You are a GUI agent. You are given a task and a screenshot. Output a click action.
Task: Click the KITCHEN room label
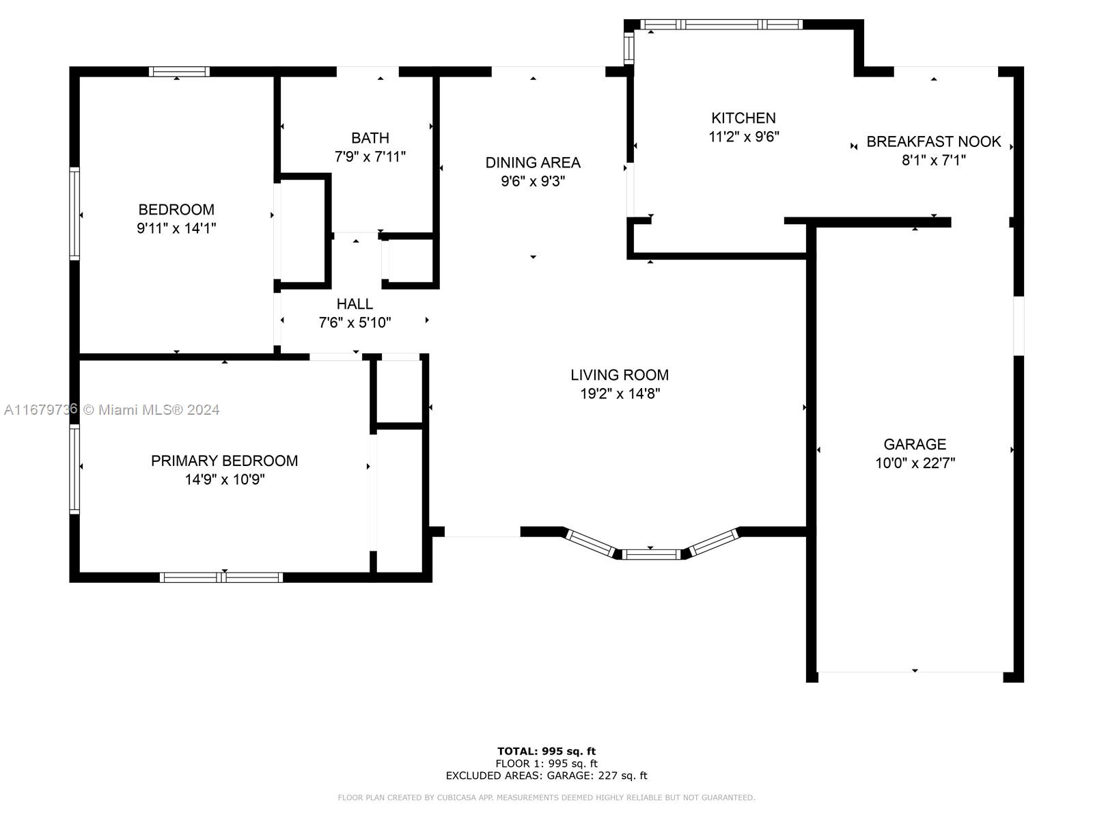(x=743, y=118)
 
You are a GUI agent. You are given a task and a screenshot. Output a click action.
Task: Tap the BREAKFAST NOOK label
(x=933, y=142)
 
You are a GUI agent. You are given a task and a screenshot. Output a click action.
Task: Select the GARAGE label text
(x=914, y=444)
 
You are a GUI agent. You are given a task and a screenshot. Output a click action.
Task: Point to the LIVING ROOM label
(x=620, y=375)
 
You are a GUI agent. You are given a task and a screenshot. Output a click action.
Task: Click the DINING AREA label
(x=533, y=163)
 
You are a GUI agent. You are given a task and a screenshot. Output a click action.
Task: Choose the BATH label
(x=370, y=138)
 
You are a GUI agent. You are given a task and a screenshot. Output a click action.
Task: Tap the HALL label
(x=355, y=303)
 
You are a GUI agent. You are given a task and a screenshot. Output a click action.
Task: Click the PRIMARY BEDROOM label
(x=225, y=461)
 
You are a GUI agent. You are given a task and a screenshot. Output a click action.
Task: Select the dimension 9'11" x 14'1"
(x=176, y=228)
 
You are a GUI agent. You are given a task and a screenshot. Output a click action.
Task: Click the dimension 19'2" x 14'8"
(x=620, y=394)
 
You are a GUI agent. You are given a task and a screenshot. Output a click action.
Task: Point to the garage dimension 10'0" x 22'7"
(x=915, y=463)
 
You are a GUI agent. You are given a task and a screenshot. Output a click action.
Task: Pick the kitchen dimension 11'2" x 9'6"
(x=743, y=137)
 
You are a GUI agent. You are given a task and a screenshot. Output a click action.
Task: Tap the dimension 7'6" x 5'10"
(x=355, y=323)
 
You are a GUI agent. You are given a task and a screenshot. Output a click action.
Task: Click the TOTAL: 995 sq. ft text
(x=546, y=751)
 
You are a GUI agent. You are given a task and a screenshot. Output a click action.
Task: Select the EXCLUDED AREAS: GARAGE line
(x=546, y=775)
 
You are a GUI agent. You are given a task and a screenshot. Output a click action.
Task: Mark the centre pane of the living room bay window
(x=651, y=554)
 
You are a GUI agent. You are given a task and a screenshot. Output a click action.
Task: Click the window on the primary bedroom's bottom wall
(x=221, y=577)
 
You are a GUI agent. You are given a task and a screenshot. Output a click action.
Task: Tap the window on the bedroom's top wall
(x=179, y=72)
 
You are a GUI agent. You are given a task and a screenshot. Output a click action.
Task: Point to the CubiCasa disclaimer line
(x=546, y=797)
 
